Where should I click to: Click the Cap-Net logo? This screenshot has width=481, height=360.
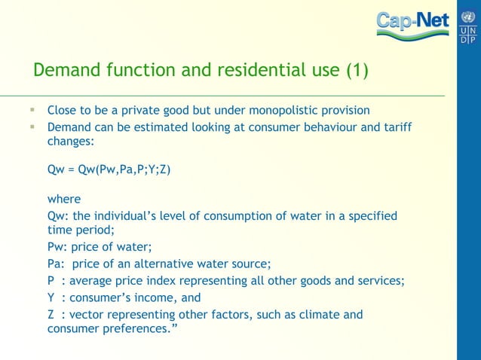coord(413,26)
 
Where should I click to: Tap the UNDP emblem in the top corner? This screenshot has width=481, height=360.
coord(467,26)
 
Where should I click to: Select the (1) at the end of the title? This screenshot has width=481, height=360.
coord(357,72)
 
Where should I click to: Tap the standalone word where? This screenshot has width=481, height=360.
coord(63,200)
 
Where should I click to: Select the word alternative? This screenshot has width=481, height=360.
coord(179,264)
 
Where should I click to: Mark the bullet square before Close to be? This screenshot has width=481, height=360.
coord(32,110)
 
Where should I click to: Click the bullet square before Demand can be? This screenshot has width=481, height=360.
coord(32,127)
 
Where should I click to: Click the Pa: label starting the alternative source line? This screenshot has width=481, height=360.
coord(57,264)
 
